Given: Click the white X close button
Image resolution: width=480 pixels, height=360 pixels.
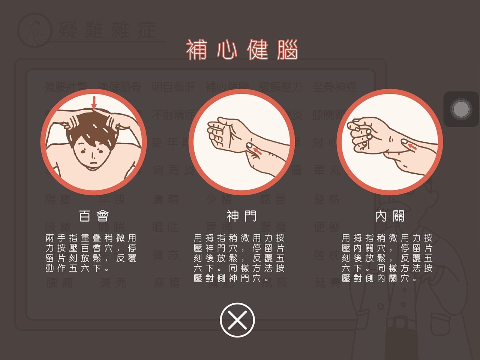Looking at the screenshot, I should [237, 320].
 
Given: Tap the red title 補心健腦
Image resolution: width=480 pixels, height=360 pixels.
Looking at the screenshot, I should [242, 49].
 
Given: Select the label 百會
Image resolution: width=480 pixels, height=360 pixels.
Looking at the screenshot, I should [94, 216].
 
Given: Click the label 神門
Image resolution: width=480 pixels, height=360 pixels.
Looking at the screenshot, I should [241, 216].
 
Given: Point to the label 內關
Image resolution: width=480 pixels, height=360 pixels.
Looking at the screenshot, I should [390, 216].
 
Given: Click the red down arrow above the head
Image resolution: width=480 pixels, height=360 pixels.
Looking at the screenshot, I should [94, 102].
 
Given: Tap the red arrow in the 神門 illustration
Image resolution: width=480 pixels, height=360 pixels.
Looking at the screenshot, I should [257, 151].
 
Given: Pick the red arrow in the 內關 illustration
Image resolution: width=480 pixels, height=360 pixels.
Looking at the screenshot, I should [412, 146].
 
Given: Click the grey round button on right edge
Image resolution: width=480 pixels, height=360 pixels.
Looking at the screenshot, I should [461, 109].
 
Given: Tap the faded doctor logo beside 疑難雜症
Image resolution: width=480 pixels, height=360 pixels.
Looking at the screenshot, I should [35, 30].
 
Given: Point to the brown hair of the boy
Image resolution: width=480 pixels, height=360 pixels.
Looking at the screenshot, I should [94, 127].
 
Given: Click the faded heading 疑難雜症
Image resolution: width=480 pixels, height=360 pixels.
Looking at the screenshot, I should [107, 30].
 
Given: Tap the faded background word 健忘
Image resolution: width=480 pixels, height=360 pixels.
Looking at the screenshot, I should [165, 255].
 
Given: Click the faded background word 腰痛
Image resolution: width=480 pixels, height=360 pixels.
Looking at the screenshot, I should [59, 282].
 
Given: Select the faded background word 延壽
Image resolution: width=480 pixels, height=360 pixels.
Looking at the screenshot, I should [328, 282].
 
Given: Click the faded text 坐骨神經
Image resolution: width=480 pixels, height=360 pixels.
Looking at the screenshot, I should [334, 87].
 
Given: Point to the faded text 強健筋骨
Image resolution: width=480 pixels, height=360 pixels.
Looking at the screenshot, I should [119, 87].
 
